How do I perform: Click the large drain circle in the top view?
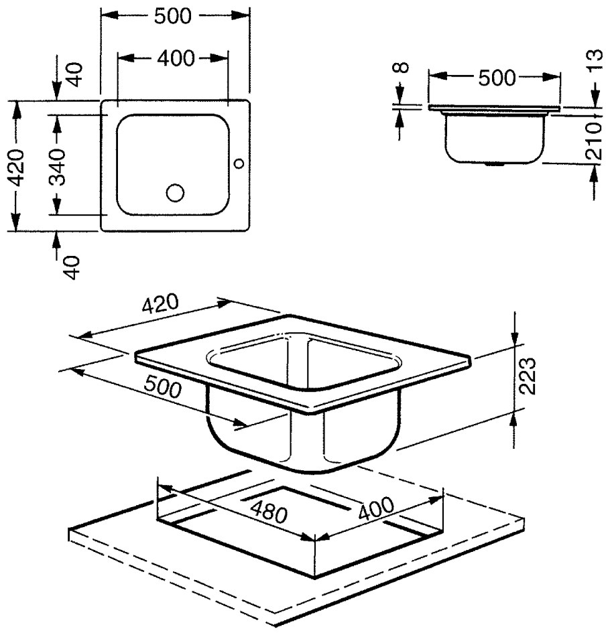[x=175, y=193]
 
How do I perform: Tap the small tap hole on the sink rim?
[x=239, y=163]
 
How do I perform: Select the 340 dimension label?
[x=58, y=167]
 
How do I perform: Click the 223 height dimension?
[x=528, y=376]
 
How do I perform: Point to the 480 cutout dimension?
[x=269, y=512]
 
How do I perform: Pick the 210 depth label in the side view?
[x=595, y=140]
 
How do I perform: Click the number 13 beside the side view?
[x=595, y=61]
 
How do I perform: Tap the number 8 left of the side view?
[x=402, y=68]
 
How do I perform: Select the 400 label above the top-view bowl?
[x=176, y=59]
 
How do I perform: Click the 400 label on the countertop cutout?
[x=376, y=508]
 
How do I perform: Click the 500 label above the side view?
[x=497, y=78]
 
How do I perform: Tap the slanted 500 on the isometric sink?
[x=163, y=386]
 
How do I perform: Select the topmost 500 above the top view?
[x=172, y=16]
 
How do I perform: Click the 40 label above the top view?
[x=74, y=74]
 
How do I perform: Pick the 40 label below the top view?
[x=74, y=267]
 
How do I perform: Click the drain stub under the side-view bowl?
[x=494, y=164]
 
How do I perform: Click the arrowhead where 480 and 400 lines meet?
[x=315, y=539]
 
